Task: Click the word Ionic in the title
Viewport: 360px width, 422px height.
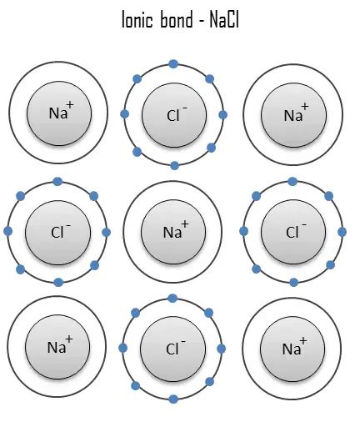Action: pyautogui.click(x=138, y=20)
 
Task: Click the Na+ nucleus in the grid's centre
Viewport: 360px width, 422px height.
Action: pyautogui.click(x=174, y=231)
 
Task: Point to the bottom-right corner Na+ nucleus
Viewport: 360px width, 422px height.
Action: pyautogui.click(x=292, y=348)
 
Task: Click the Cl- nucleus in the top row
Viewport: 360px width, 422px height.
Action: pyautogui.click(x=174, y=114)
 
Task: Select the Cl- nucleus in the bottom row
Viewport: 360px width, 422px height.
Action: pyautogui.click(x=174, y=348)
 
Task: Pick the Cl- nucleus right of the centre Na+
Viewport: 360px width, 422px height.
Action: pyautogui.click(x=292, y=231)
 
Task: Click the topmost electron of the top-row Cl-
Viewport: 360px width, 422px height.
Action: pyautogui.click(x=173, y=63)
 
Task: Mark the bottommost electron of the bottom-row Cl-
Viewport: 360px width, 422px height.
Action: pyautogui.click(x=172, y=399)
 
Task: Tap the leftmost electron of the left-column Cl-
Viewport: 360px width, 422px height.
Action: pyautogui.click(x=8, y=231)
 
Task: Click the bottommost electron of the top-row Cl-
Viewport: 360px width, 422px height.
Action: pyautogui.click(x=174, y=165)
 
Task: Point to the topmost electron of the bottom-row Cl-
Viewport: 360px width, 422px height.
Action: pyautogui.click(x=172, y=297)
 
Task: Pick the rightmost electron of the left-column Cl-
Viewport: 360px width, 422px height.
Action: pyautogui.click(x=106, y=232)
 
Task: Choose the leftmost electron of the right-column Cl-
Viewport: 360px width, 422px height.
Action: pyautogui.click(x=244, y=232)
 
